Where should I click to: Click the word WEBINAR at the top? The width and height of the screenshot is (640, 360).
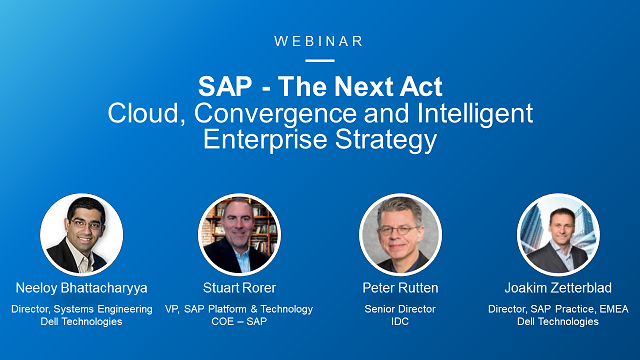click(319, 41)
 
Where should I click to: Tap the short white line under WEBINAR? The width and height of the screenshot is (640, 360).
click(319, 60)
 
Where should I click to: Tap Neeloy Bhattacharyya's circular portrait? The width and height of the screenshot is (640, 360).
click(82, 234)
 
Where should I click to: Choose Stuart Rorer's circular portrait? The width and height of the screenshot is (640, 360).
click(239, 234)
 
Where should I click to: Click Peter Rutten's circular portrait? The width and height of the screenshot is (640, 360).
click(399, 234)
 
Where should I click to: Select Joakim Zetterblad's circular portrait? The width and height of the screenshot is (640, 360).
click(558, 234)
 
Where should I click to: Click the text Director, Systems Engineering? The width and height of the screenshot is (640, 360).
click(82, 309)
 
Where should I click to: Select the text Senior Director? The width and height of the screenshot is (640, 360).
click(399, 309)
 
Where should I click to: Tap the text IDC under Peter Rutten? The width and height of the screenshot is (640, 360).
click(399, 322)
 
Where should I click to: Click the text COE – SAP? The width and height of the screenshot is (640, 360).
click(239, 322)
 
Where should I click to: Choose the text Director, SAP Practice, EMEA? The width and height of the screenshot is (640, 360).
click(558, 309)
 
